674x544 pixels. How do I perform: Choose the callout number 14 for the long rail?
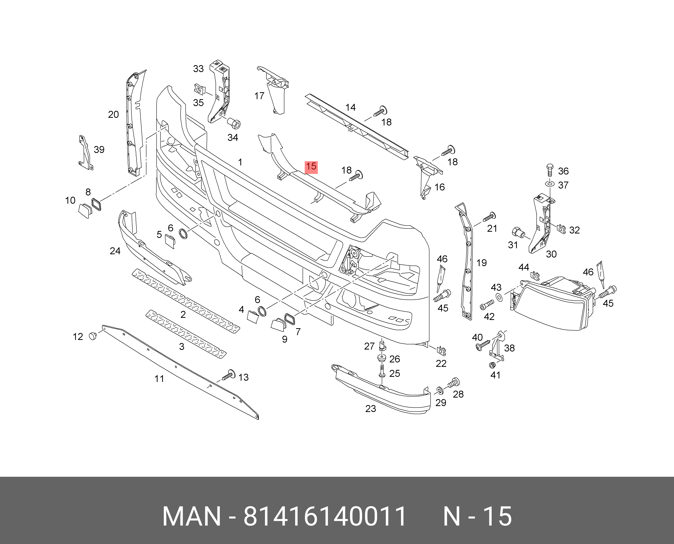[x=350, y=107]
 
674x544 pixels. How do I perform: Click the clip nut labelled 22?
[x=441, y=351]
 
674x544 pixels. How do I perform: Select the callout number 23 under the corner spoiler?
[x=370, y=409]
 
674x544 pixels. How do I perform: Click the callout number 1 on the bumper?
[x=240, y=162]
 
